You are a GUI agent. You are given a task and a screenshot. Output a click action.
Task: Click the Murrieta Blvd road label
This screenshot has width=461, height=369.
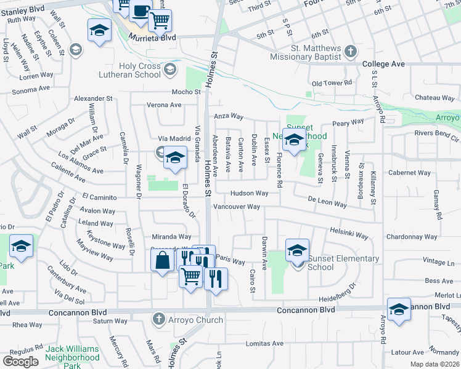[x=152, y=38]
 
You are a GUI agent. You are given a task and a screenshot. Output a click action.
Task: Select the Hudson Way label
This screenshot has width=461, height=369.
[x=249, y=193]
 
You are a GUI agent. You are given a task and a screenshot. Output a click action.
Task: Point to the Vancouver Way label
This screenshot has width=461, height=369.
[x=237, y=207]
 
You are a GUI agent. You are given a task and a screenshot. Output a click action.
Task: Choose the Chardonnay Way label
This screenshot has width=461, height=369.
[x=411, y=237]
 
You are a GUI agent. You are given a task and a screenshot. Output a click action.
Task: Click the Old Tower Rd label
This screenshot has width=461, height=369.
[x=332, y=83]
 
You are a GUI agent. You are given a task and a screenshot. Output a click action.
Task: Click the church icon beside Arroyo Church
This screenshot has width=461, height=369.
[x=159, y=319]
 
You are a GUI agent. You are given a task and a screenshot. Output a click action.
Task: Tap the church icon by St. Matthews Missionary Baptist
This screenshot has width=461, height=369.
[x=351, y=52]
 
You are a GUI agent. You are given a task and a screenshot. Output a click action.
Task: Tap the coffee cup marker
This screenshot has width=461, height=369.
[x=141, y=11]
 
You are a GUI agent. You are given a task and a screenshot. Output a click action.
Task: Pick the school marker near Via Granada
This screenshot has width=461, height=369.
[x=175, y=158]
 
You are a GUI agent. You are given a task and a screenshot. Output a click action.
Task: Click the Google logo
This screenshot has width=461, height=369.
[x=20, y=362]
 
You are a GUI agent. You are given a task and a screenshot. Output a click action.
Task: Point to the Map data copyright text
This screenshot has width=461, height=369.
[x=434, y=364]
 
